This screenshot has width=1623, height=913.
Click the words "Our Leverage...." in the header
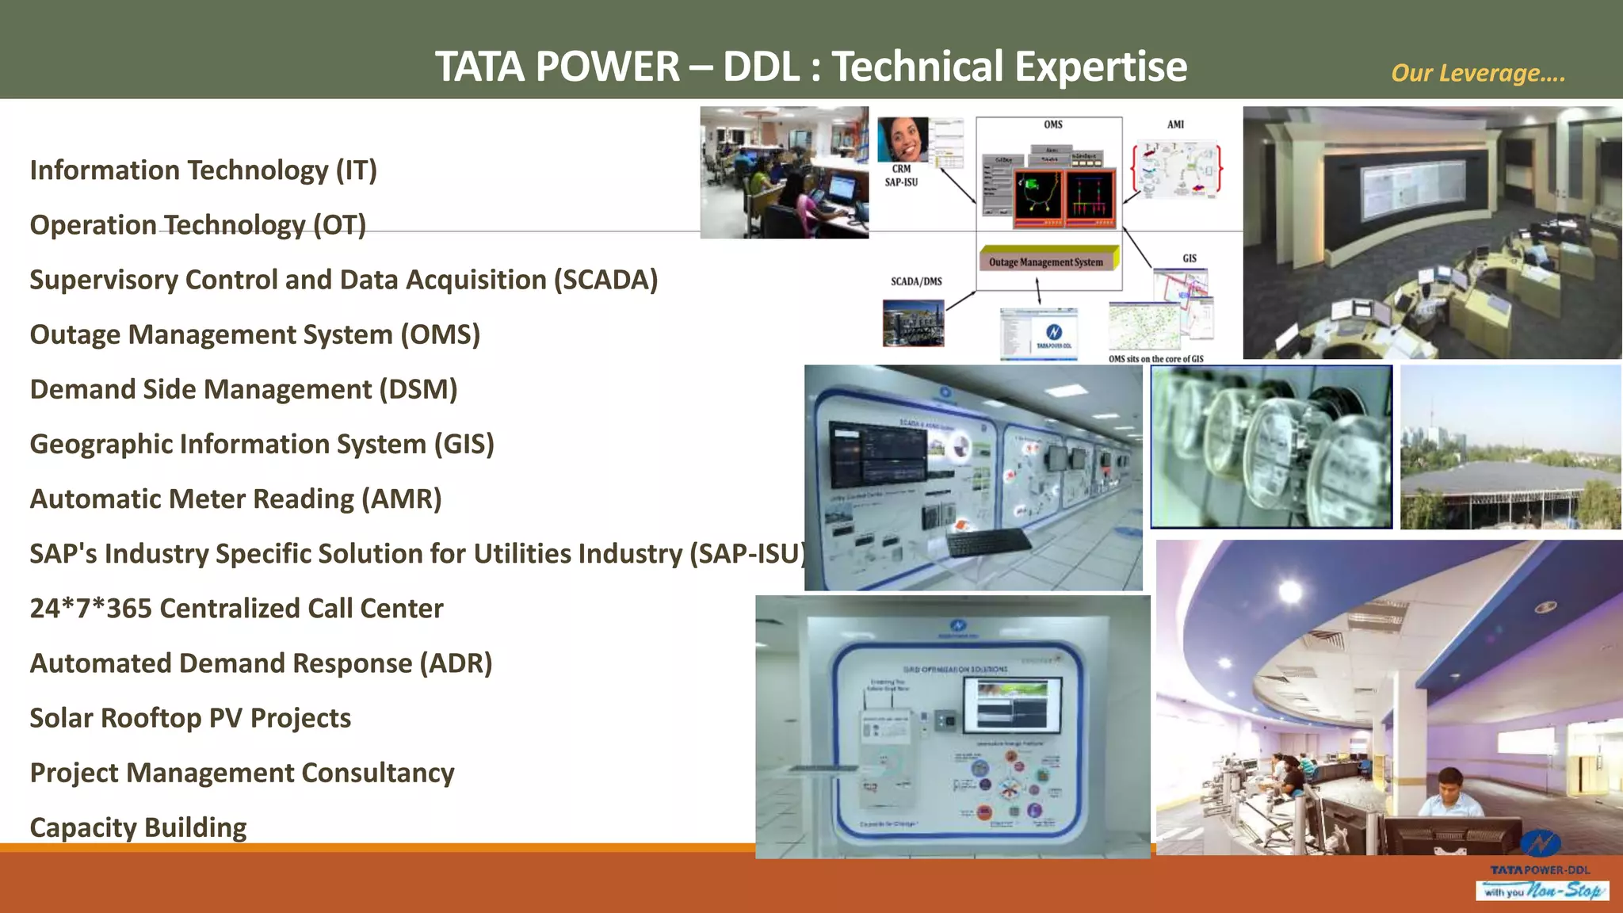[x=1478, y=73]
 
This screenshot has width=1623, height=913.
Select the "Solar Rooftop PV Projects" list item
[x=190, y=718]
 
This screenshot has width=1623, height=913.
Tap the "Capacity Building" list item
[x=138, y=827]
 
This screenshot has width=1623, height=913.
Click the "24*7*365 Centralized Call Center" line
[x=236, y=609]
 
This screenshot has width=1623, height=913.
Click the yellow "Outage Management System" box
[x=1046, y=262]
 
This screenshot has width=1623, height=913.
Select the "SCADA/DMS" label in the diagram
[x=916, y=281]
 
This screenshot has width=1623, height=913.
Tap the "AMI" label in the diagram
[x=1175, y=124]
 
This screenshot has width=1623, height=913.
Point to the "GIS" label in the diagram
[x=1190, y=258]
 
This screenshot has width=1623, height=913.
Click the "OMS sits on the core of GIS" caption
[x=1155, y=359]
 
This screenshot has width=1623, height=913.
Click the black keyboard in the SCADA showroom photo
[x=987, y=542]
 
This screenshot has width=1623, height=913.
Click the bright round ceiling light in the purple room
[x=1290, y=590]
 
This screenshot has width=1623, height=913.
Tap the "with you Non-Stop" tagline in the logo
[x=1541, y=892]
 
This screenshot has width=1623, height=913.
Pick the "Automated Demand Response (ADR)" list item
[x=261, y=663]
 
